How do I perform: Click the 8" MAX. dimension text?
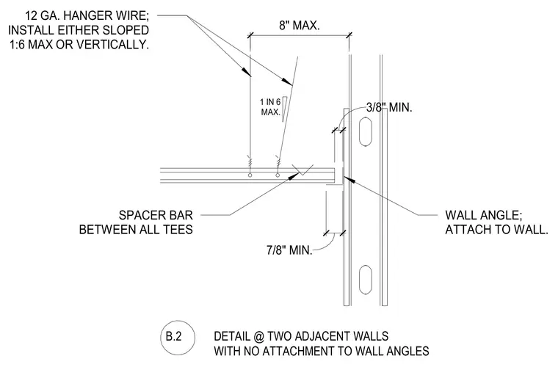coord(300,26)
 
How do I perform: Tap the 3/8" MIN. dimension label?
coord(389,107)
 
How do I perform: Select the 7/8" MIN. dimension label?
coord(289,250)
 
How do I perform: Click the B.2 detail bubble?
coord(177,337)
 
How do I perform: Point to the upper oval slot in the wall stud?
coord(366,131)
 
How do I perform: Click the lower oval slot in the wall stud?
coord(366,280)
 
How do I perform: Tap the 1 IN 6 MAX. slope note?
coord(271,107)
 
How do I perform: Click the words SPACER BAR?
coord(156,215)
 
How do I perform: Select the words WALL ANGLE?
coord(484,215)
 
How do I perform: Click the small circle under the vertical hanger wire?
coord(250,175)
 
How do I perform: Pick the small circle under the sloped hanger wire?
coord(278,175)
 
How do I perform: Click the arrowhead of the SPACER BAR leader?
coord(294,176)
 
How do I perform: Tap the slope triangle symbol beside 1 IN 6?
coord(285,109)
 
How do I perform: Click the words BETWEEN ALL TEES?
coord(136,229)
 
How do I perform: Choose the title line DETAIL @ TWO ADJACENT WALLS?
coord(301,336)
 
